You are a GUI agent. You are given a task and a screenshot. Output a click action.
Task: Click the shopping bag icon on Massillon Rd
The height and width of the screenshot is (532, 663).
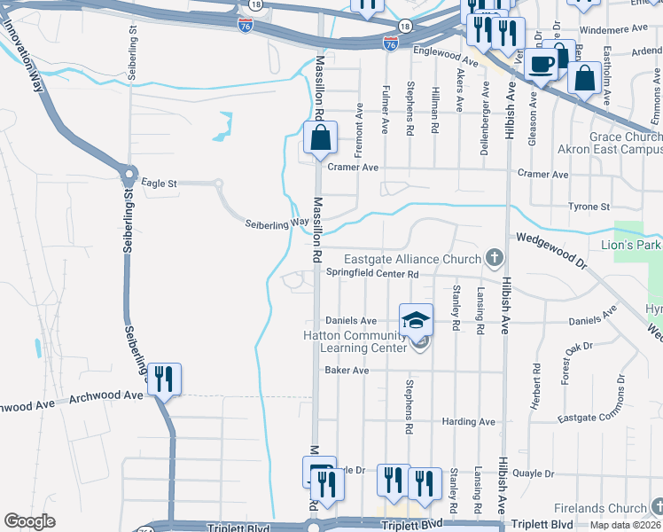(320, 137)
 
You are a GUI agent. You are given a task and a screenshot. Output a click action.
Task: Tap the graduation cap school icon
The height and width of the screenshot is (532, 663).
(416, 320)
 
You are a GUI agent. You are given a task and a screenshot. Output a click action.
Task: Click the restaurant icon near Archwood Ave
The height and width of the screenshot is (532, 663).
(163, 379)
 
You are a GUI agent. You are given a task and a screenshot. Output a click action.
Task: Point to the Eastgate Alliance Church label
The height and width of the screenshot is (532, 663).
(412, 259)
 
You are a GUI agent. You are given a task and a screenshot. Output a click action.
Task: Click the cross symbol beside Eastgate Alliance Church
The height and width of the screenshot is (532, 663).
(494, 259)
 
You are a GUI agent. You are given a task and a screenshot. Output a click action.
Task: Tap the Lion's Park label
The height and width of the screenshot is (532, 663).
(637, 244)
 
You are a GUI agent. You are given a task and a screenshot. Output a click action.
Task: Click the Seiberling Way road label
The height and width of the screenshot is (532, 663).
(277, 224)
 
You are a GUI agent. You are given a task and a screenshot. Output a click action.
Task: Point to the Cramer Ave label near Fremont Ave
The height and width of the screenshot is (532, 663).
(353, 167)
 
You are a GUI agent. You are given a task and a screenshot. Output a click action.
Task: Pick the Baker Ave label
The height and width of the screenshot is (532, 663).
(347, 371)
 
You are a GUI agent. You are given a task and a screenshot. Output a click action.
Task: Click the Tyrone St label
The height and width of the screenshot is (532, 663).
(589, 207)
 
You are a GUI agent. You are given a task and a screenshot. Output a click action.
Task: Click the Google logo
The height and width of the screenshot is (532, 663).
(29, 521)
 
